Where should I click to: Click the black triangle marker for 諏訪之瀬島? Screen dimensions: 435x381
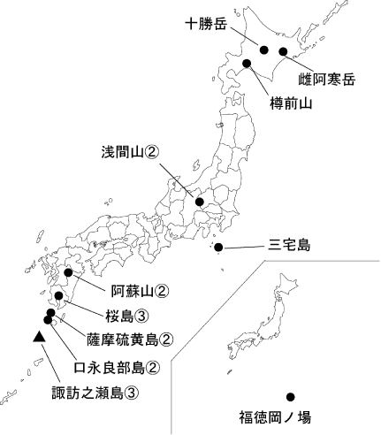pos(38,337)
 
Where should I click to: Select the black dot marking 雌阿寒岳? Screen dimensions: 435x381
pos(283,51)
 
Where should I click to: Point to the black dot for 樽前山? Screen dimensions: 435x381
pos(247,63)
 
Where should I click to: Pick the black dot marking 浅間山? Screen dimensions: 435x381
pos(200,202)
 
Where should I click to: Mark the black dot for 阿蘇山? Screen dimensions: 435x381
pos(68,273)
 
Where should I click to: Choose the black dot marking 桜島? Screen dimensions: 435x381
pos(59,296)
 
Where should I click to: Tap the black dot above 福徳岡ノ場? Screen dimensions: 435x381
pos(289,396)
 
